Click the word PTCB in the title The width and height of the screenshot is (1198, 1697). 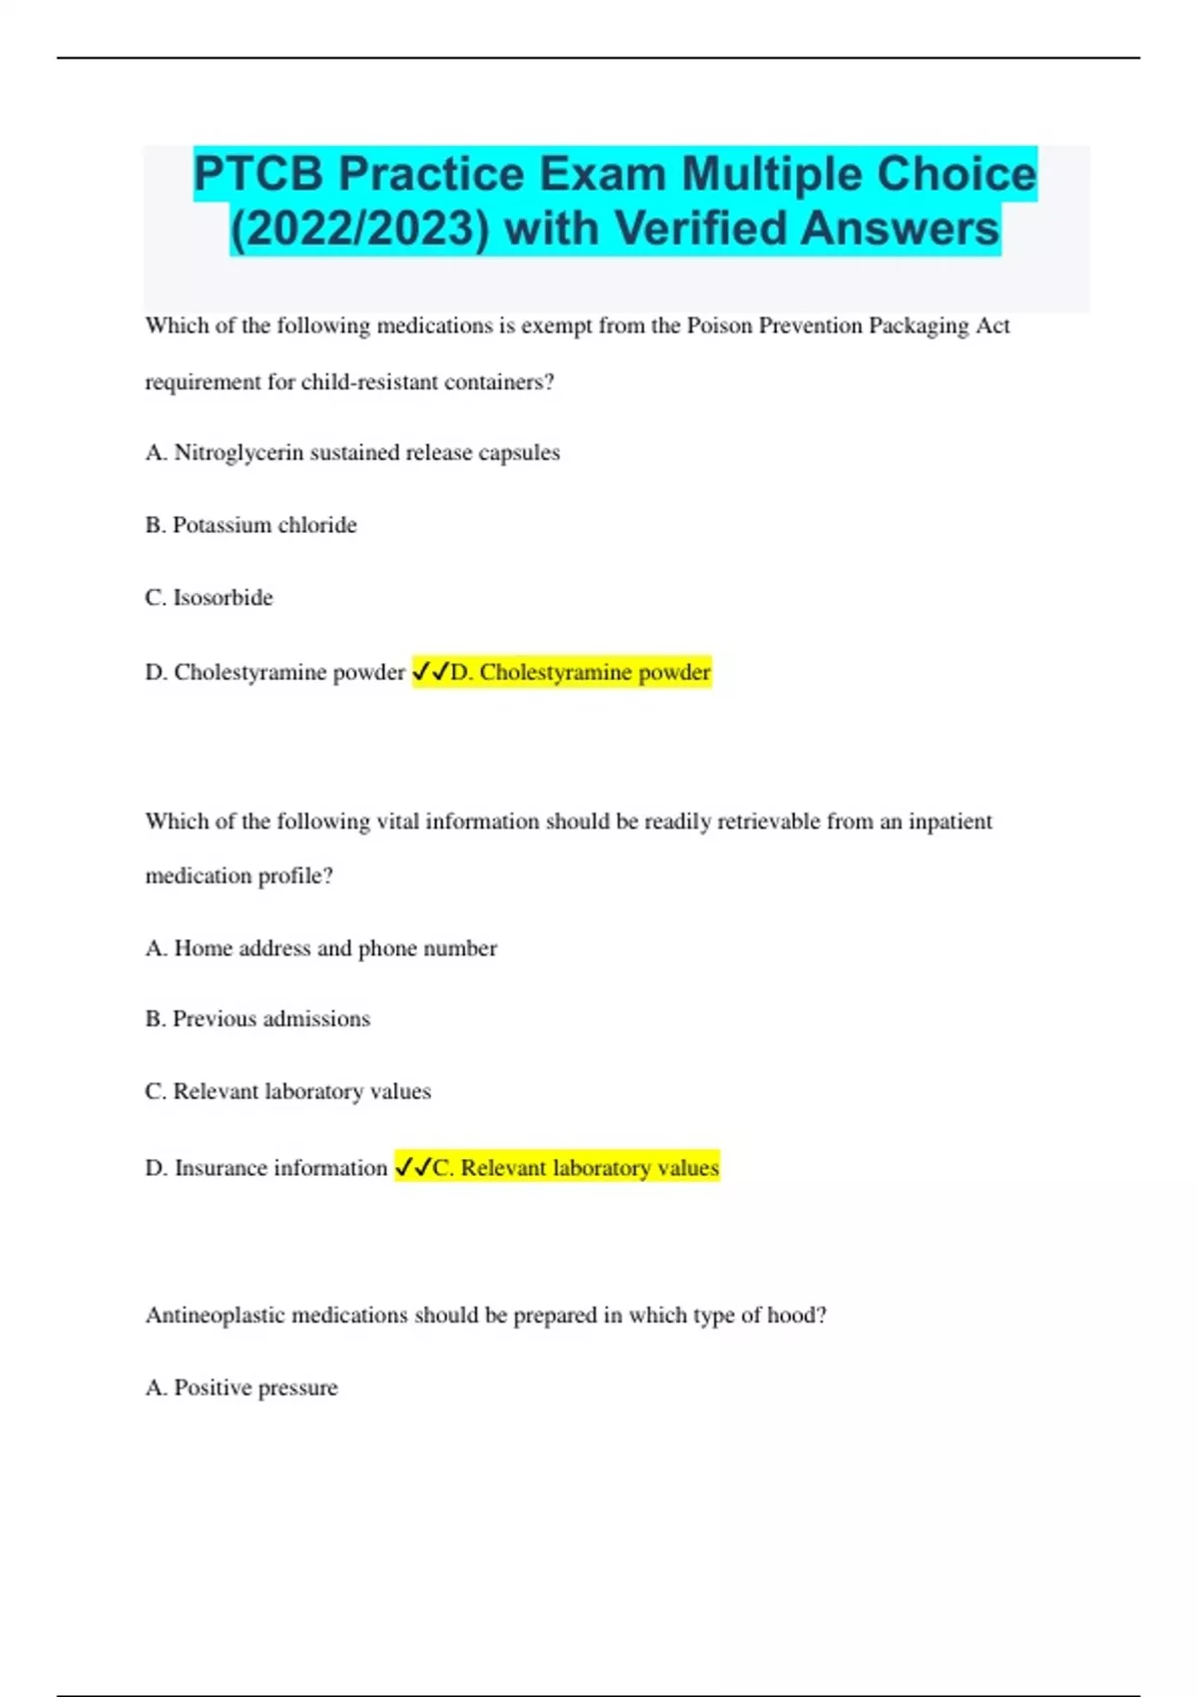point(259,174)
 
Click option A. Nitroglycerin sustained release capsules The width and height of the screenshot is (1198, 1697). point(352,452)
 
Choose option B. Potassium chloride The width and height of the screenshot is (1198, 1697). point(251,525)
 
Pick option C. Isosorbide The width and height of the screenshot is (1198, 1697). point(209,598)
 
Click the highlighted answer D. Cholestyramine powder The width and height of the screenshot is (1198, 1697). point(580,672)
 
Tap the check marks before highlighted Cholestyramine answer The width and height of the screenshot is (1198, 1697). point(430,672)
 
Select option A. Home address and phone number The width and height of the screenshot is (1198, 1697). point(320,948)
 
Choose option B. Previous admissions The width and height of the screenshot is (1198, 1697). point(258,1019)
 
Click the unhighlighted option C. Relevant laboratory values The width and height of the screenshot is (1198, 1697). point(288,1091)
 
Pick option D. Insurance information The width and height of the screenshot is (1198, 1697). point(266,1168)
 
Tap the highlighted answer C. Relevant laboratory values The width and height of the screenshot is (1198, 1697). point(575,1168)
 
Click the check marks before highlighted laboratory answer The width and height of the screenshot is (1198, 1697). point(413,1167)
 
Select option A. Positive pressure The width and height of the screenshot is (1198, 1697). point(242,1388)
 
